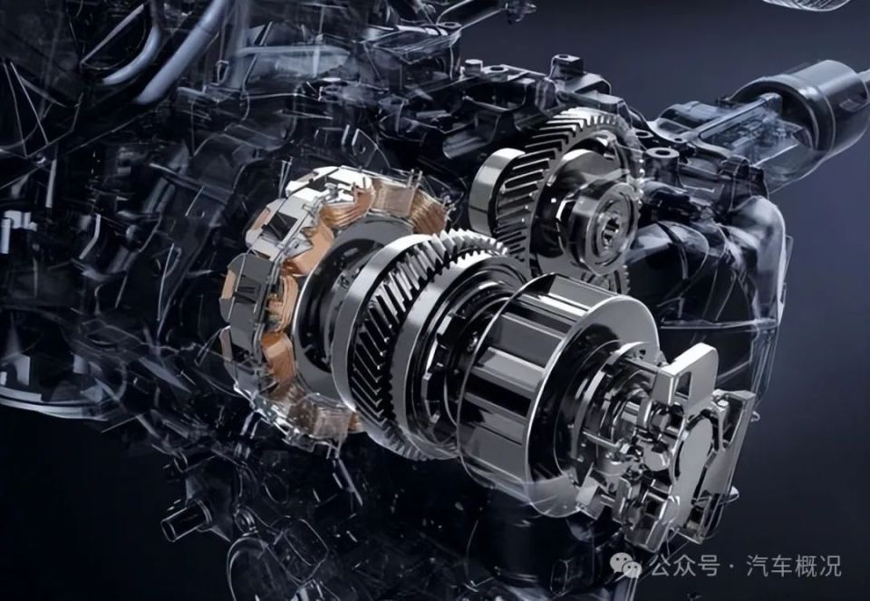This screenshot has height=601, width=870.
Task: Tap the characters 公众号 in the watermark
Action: point(685,567)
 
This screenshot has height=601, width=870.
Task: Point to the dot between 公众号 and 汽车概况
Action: point(732,567)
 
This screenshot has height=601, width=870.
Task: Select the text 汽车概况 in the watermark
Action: point(794,567)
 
